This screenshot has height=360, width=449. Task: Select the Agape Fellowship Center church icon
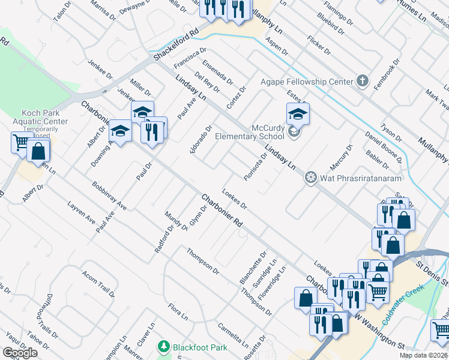point(362,80)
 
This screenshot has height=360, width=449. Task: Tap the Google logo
point(20,353)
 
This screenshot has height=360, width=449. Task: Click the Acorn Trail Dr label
point(98,283)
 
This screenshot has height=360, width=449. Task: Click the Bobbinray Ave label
point(109,196)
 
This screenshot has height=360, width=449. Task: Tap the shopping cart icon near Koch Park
point(21,142)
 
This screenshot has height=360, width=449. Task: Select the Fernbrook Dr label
point(391,74)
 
